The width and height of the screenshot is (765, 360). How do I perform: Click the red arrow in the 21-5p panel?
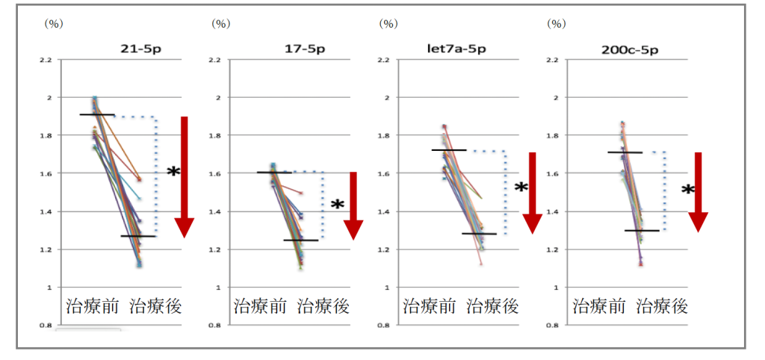tap(184, 176)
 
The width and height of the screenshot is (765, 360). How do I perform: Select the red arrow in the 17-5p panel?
tap(353, 205)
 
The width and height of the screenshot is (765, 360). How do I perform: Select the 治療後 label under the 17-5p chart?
tap(323, 306)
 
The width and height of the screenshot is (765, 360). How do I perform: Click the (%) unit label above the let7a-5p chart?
tap(388, 23)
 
